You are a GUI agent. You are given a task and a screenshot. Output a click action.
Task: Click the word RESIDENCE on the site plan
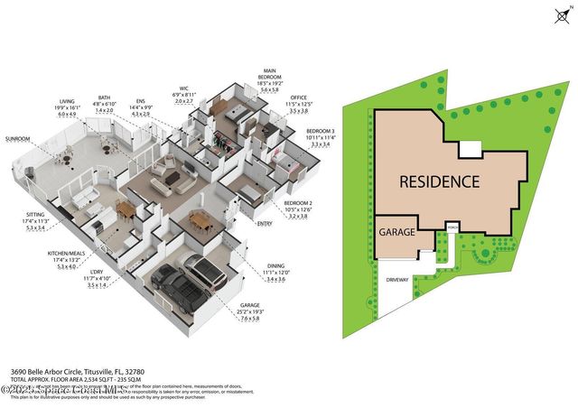pos(440,181)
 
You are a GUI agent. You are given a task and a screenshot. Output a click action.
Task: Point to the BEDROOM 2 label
pos(297,205)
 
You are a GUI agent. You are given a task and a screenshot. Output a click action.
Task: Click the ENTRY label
pos(265,223)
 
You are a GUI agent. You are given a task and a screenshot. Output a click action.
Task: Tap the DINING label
pos(275,267)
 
